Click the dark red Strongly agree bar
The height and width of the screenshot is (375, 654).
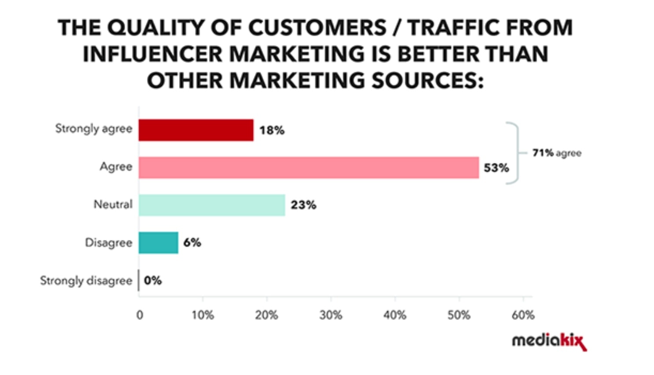click(x=196, y=130)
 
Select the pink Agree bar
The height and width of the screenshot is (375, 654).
click(x=309, y=168)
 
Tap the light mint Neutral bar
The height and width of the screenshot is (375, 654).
click(x=212, y=205)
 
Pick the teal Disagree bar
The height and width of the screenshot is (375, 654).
click(x=158, y=243)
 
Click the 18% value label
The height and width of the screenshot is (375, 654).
click(x=272, y=130)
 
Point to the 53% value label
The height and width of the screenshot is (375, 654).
click(x=496, y=168)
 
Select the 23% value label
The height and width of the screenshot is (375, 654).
click(x=303, y=205)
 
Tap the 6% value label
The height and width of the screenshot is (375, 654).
click(x=192, y=243)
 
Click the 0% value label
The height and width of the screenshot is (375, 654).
click(x=153, y=280)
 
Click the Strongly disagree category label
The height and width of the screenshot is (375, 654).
click(x=86, y=280)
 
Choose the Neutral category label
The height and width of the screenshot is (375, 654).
click(x=113, y=204)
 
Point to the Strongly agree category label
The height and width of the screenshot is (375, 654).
click(x=93, y=129)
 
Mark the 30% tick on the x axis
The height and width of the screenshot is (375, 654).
click(x=331, y=315)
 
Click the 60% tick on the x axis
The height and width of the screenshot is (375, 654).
click(x=523, y=315)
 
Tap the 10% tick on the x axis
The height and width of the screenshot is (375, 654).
click(x=202, y=315)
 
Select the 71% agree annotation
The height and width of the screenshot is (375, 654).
click(x=557, y=153)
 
